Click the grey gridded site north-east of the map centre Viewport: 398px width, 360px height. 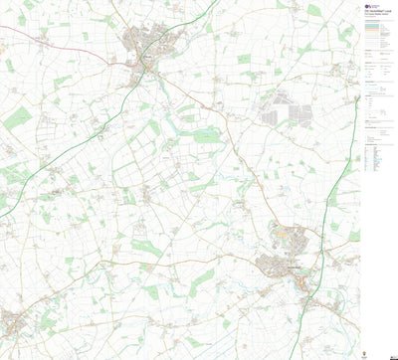[283, 110]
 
